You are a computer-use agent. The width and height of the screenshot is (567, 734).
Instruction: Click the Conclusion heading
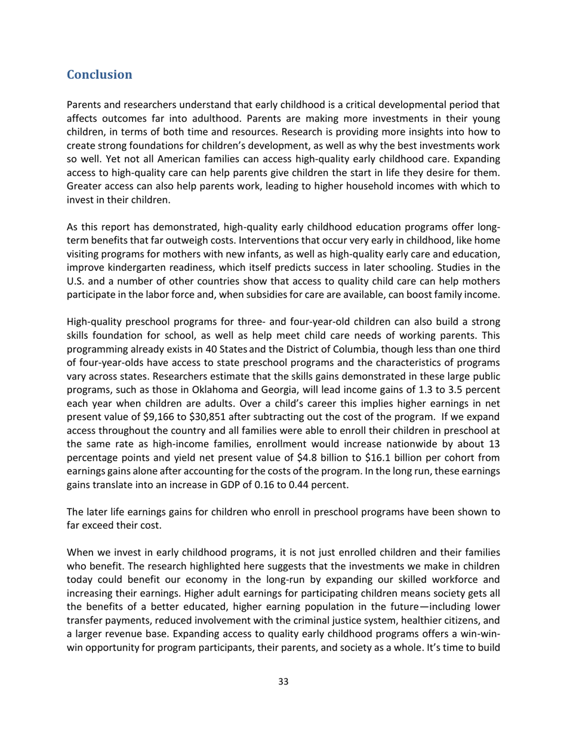tap(99, 75)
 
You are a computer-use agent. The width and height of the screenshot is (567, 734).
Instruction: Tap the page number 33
tap(283, 699)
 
